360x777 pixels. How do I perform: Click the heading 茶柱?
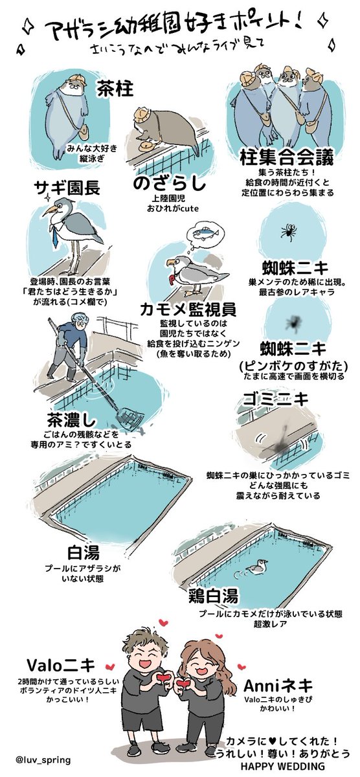pos(115,89)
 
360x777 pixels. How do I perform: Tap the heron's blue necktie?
pos(54,236)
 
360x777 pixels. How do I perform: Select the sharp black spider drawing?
pos(288,231)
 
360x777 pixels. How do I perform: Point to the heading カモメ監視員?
pos(188,310)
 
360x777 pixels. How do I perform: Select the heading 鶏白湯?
pos(213,596)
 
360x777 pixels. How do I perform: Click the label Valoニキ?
pos(61,665)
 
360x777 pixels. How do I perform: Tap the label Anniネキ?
pos(278,685)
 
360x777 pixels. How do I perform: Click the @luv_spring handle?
pos(43,760)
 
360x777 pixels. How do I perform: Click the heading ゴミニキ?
pos(275,399)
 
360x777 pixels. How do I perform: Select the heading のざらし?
pos(170,184)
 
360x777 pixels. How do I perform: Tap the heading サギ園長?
pos(67,188)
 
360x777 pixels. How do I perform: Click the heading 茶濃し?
pos(71,420)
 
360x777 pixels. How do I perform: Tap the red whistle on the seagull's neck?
pos(172,279)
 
